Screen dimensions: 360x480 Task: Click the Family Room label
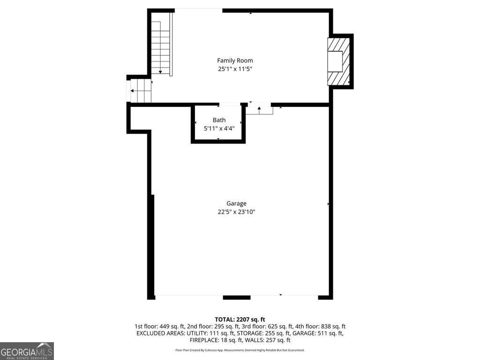[x=235, y=60]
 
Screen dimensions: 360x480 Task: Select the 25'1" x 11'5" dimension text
[x=235, y=69]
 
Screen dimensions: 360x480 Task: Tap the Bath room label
[x=219, y=120]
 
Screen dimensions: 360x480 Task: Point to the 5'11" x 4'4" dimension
[x=219, y=128]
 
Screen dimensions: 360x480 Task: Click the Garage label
[x=236, y=203]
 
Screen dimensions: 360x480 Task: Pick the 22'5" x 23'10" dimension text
[x=236, y=212]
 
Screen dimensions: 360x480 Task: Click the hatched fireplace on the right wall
[x=338, y=61]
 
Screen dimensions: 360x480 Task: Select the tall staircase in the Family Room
[x=161, y=44]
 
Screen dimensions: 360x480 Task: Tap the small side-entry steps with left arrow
[x=140, y=90]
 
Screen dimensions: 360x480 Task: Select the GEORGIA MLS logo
[x=27, y=351]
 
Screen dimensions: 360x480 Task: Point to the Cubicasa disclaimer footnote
[x=240, y=350]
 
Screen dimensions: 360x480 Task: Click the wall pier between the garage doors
[x=236, y=297]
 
